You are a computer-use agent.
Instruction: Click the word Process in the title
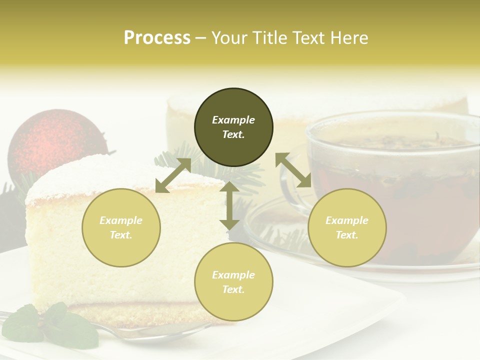point(157,38)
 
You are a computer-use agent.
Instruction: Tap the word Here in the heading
point(348,38)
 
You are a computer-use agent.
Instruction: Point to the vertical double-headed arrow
point(229,205)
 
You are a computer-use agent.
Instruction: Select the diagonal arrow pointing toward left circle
point(173,175)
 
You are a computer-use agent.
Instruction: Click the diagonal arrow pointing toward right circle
point(293,170)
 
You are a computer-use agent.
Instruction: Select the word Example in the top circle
point(233,120)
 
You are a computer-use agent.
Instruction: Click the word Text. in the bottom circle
point(233,289)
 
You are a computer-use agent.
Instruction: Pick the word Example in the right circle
point(347,220)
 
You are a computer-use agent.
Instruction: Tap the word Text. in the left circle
point(121,235)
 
